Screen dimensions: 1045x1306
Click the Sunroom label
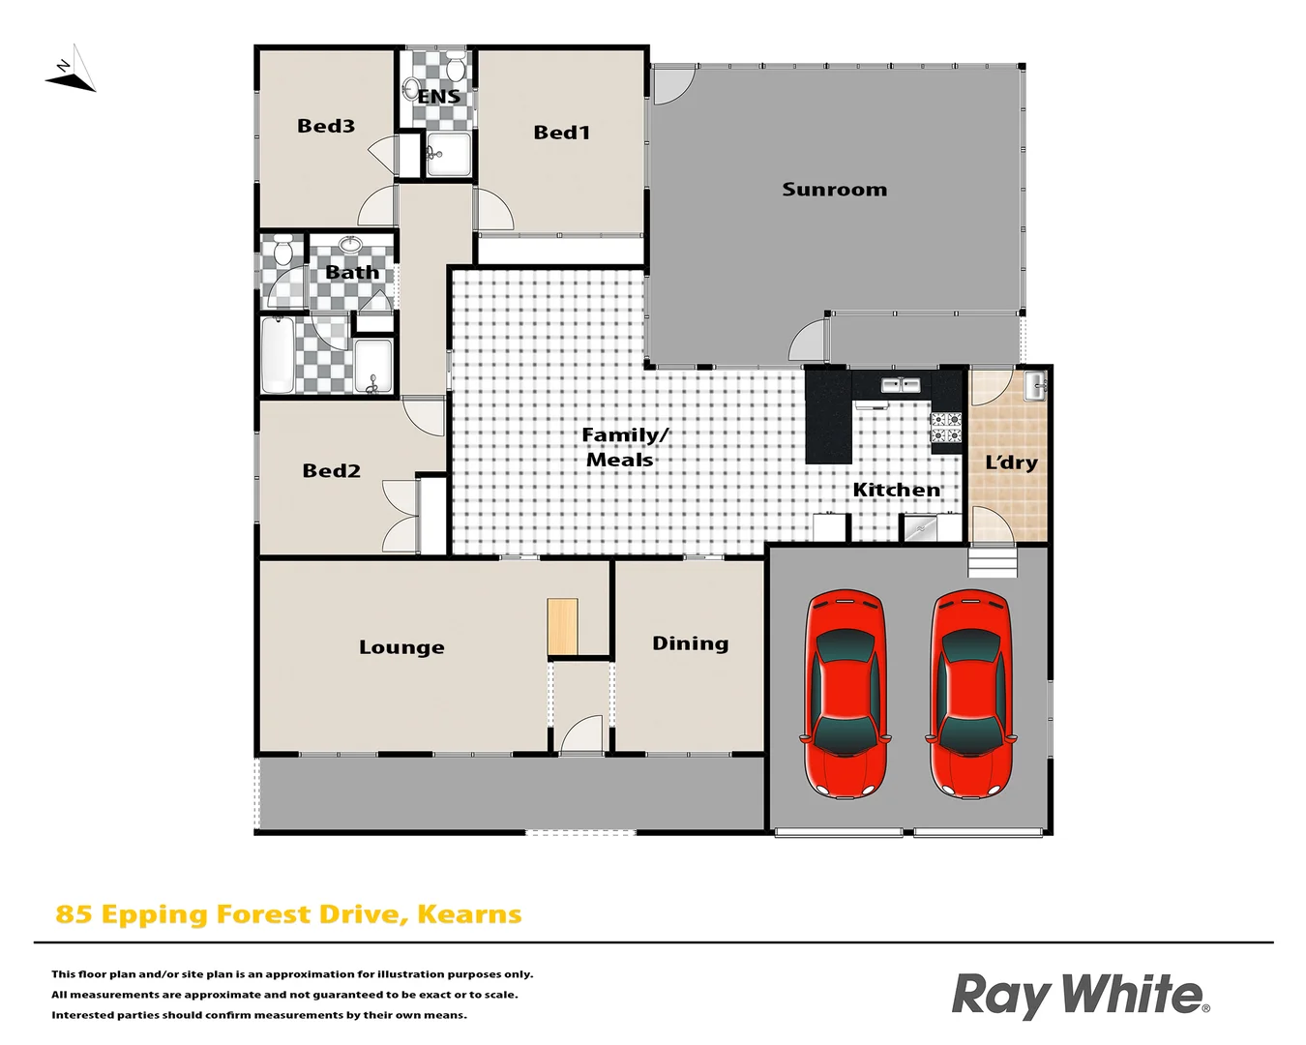click(x=834, y=190)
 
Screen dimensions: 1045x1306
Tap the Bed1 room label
click(x=561, y=133)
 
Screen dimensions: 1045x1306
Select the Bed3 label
click(x=326, y=126)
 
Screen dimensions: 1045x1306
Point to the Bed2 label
click(x=331, y=471)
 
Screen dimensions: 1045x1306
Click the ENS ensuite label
click(x=438, y=97)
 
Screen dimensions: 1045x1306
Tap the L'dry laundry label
click(x=1011, y=463)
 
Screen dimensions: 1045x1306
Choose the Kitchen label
click(x=896, y=491)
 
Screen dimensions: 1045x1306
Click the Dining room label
click(x=690, y=643)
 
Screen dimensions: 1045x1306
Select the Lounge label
click(x=401, y=647)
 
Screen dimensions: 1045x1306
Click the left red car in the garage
click(x=846, y=693)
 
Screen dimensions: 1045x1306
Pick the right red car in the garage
click(x=971, y=693)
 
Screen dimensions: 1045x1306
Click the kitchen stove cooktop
click(x=946, y=427)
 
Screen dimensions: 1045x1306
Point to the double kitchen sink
click(x=901, y=385)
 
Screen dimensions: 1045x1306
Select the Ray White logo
click(x=1080, y=995)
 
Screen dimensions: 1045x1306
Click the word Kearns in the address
click(x=469, y=914)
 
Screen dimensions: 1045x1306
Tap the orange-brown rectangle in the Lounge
click(x=562, y=627)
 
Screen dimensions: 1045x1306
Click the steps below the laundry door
click(x=994, y=562)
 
